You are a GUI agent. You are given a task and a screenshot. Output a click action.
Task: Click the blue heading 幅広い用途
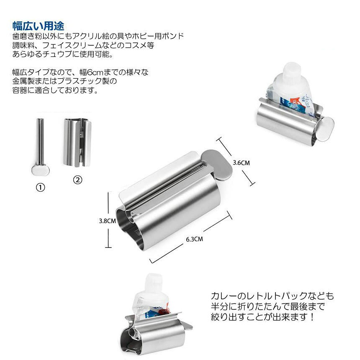click(39, 26)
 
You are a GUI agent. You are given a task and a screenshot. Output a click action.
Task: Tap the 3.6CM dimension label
click(241, 163)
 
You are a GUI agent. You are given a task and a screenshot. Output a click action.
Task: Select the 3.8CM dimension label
click(108, 221)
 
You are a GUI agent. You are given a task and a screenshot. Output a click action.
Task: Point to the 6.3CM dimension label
click(195, 239)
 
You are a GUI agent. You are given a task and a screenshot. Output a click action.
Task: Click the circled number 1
click(41, 188)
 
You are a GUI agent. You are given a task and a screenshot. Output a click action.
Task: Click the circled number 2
click(77, 180)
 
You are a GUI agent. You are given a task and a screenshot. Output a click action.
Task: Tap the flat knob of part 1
click(41, 171)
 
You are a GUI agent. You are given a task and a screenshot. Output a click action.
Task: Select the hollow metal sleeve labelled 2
click(77, 142)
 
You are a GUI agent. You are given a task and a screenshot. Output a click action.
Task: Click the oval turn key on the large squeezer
click(216, 165)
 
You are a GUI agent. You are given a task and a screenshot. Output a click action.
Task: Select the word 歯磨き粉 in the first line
click(27, 36)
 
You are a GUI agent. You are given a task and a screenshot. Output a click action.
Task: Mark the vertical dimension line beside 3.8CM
click(108, 220)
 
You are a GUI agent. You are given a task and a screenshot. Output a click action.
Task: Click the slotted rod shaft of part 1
click(40, 141)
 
